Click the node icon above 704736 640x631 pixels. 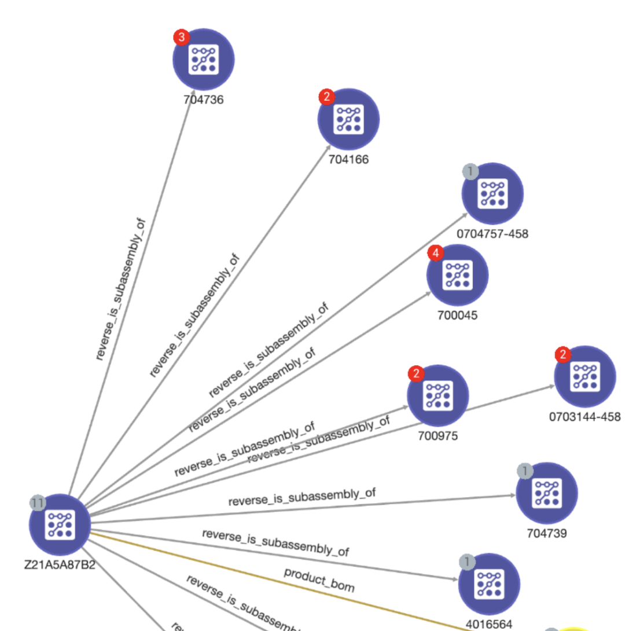tap(203, 59)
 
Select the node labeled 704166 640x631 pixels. tap(348, 119)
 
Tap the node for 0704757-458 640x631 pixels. tap(492, 193)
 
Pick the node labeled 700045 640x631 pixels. tap(457, 275)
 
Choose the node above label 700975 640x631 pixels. tap(437, 395)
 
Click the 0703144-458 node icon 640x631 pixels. tap(585, 376)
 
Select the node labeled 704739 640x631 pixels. tap(546, 493)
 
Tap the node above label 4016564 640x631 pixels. tap(489, 584)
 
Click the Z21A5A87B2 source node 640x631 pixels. tap(60, 524)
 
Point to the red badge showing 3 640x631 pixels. tap(181, 38)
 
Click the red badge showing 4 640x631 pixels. tap(435, 253)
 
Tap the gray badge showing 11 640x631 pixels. tap(38, 502)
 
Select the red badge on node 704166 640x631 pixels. tap(326, 97)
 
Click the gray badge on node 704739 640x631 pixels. tap(524, 471)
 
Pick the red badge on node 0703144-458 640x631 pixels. tap(562, 354)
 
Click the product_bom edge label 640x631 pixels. tap(319, 579)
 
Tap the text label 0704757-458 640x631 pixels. tap(492, 234)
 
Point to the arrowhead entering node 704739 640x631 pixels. tap(512, 496)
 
